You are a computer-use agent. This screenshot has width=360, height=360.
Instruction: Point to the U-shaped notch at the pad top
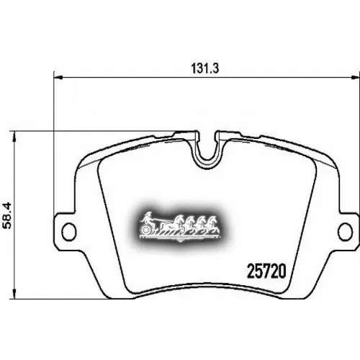click(x=206, y=150)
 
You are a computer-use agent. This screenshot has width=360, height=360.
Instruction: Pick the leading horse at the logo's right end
click(x=214, y=222)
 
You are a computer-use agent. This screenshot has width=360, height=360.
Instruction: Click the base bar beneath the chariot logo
click(x=180, y=238)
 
